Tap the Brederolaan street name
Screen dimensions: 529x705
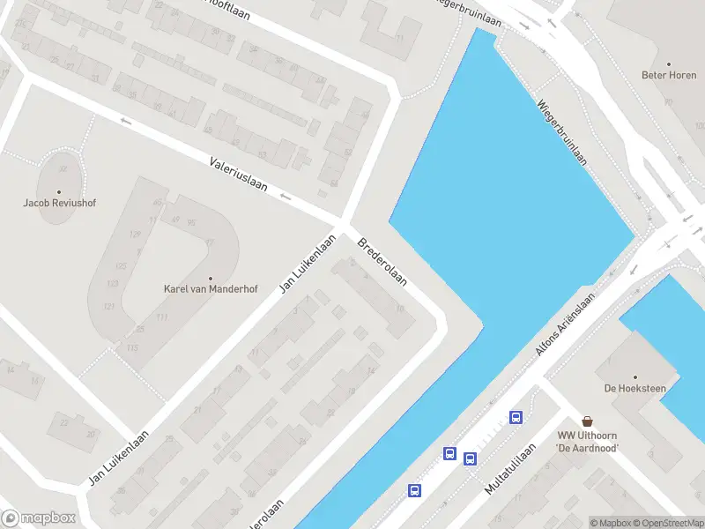(x=382, y=262)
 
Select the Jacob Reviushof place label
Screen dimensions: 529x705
(x=59, y=203)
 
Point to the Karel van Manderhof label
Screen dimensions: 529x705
(x=211, y=288)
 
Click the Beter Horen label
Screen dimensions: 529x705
(x=669, y=76)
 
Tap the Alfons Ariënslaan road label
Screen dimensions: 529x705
(x=566, y=324)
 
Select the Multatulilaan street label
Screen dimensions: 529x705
(x=510, y=468)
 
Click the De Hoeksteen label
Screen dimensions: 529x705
(x=634, y=388)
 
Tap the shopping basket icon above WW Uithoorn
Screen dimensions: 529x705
(x=587, y=422)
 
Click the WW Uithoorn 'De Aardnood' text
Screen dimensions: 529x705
(x=588, y=442)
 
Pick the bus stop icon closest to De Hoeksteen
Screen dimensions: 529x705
(x=516, y=418)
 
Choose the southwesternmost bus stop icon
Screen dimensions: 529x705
(x=414, y=490)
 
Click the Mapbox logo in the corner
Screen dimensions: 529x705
(x=38, y=518)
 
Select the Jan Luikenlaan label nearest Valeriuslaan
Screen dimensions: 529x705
(x=308, y=264)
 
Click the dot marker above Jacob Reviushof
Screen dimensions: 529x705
(x=59, y=191)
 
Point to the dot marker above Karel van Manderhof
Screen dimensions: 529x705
(x=211, y=278)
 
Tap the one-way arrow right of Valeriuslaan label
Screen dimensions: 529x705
(x=285, y=196)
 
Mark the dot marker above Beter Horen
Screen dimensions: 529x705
(x=669, y=63)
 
